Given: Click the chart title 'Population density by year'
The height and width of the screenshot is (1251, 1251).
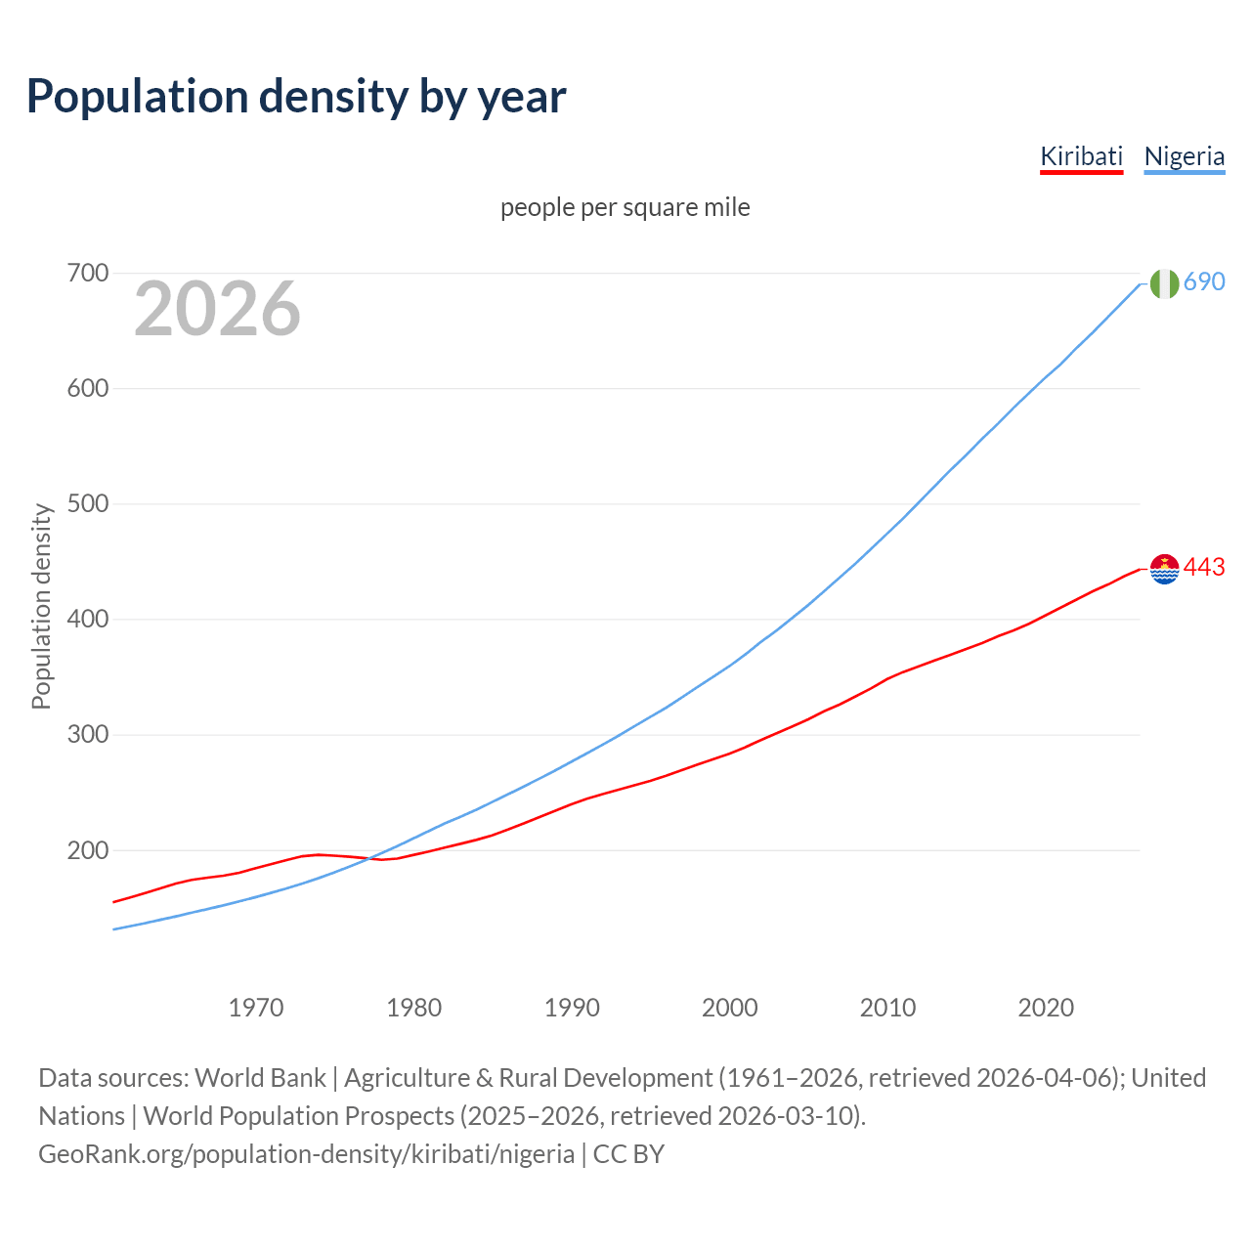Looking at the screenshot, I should [x=296, y=96].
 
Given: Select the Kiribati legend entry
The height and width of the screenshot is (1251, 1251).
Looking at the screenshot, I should [x=1081, y=156].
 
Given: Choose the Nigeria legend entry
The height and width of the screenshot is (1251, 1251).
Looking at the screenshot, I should [x=1184, y=156].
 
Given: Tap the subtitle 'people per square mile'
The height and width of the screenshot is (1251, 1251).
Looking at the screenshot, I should [x=625, y=207].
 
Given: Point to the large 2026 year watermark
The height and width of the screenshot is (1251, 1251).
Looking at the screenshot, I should [x=217, y=309].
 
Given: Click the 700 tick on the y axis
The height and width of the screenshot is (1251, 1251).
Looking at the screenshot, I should [x=87, y=273].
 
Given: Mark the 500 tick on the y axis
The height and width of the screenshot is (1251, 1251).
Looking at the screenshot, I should [x=87, y=504].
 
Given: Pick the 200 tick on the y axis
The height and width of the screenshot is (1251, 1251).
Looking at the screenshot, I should [x=87, y=850].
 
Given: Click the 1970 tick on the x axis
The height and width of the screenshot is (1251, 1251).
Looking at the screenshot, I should [x=256, y=1008].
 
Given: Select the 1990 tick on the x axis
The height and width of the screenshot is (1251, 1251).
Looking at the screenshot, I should [x=572, y=1008].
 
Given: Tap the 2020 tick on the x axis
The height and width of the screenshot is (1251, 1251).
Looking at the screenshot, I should [x=1046, y=1008].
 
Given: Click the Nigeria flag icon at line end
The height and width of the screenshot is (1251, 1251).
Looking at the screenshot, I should [x=1164, y=283].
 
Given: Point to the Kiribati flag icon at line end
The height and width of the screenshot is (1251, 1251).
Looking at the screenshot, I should [x=1164, y=568].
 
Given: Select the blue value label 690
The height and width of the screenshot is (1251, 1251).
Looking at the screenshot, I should [x=1204, y=282].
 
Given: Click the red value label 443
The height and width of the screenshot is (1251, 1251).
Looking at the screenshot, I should [x=1204, y=568].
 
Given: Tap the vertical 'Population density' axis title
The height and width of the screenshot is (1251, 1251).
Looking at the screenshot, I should [x=41, y=606].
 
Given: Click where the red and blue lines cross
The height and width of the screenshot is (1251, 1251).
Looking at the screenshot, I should [x=370, y=859].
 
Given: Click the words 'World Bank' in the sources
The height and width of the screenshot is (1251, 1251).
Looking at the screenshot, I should [x=260, y=1078].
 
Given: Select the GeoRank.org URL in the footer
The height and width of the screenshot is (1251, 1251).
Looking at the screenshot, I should [x=306, y=1154].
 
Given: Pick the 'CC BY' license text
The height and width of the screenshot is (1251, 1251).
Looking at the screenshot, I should [x=628, y=1154].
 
